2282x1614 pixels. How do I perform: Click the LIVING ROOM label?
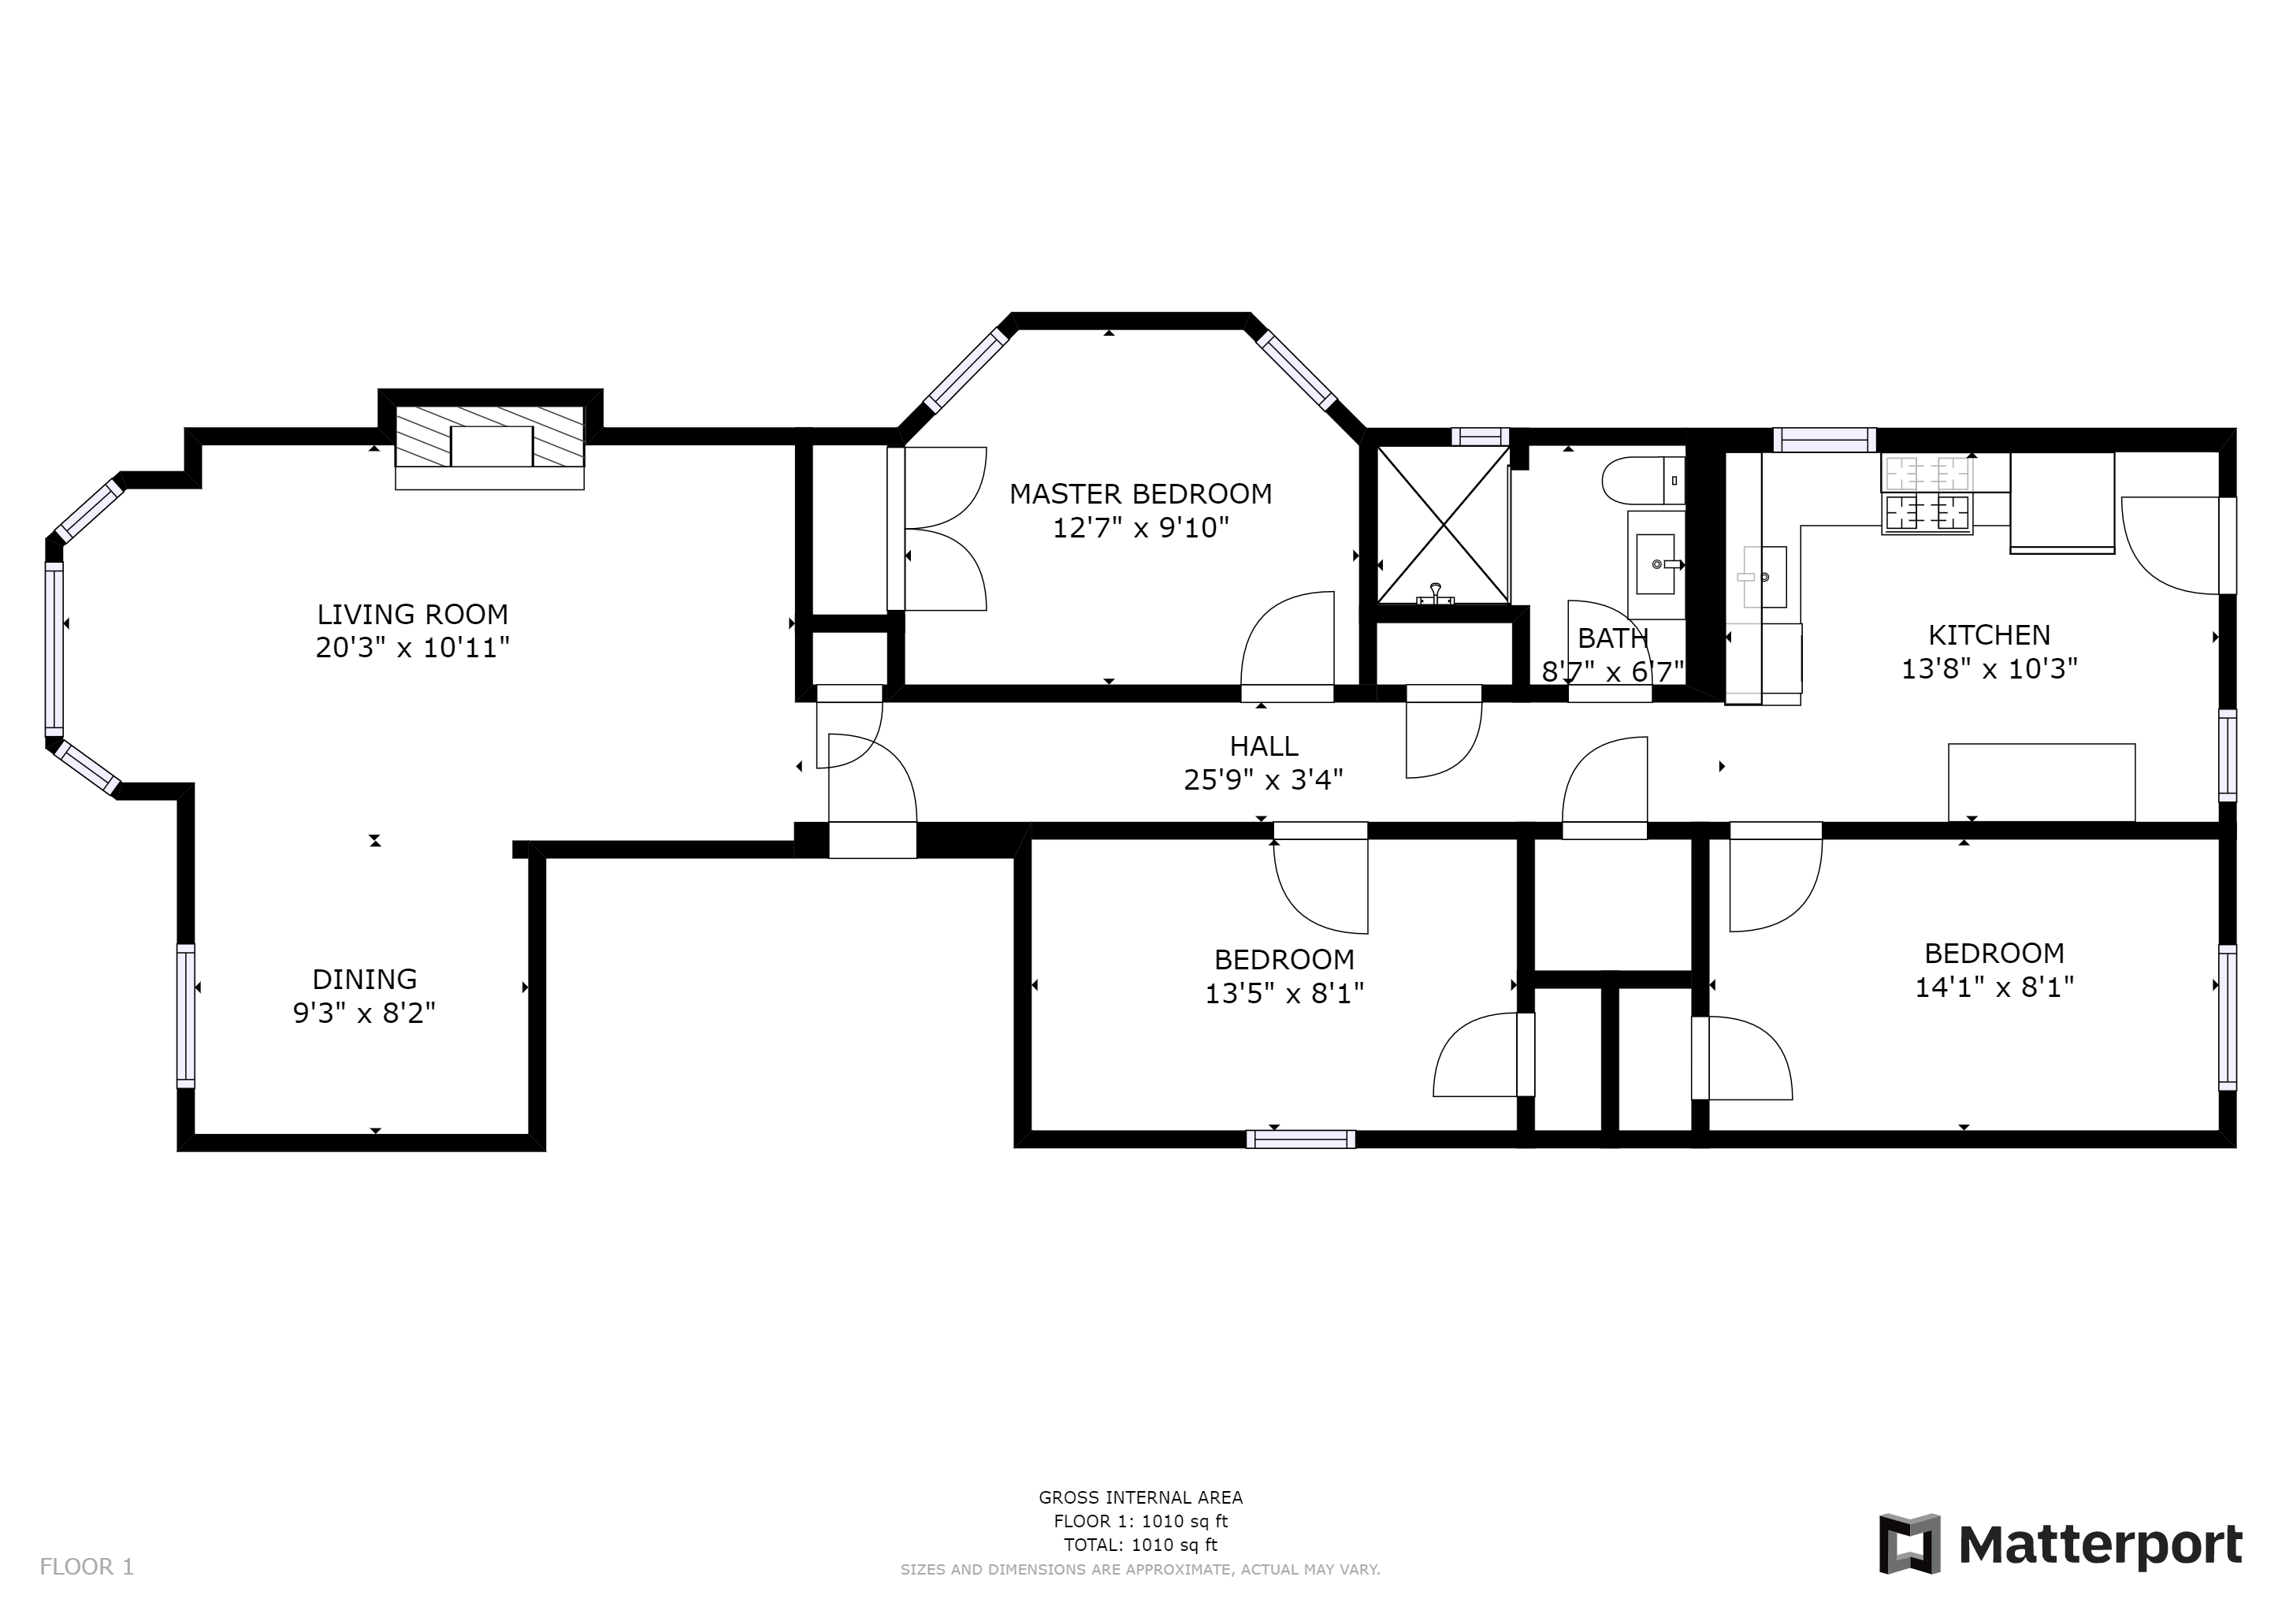click(x=412, y=613)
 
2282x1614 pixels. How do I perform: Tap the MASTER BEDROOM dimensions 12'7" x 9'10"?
click(x=1141, y=528)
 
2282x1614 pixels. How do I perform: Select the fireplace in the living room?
click(x=490, y=437)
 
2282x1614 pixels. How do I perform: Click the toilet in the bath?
click(x=1642, y=480)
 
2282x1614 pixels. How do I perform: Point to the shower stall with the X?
click(x=1442, y=525)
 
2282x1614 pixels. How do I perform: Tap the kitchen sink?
click(x=1764, y=576)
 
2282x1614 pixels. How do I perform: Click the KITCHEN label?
click(x=1989, y=634)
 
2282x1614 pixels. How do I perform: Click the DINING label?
click(x=365, y=979)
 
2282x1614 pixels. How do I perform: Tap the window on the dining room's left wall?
click(x=186, y=1016)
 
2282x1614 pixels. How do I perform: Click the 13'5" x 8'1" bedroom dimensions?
click(x=1284, y=994)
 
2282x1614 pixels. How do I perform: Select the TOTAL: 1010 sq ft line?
click(x=1140, y=1545)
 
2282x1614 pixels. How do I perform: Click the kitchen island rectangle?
click(x=2042, y=782)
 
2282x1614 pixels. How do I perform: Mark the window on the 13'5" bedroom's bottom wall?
click(x=1300, y=1139)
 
